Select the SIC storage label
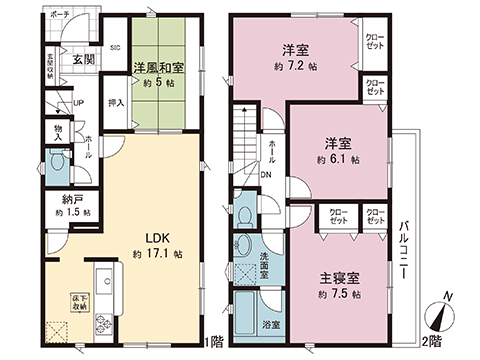point(115,47)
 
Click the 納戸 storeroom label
point(72,199)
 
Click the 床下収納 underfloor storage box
point(78,300)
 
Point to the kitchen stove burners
point(105,323)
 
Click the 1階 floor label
point(216,343)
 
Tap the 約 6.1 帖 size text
point(334,159)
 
